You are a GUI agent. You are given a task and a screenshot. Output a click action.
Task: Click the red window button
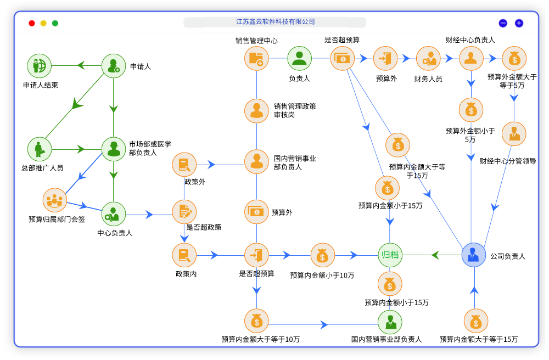pyautogui.click(x=32, y=23)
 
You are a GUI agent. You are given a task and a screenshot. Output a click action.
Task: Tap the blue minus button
pyautogui.click(x=503, y=23)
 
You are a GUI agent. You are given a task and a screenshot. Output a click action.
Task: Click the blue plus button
pyautogui.click(x=519, y=23)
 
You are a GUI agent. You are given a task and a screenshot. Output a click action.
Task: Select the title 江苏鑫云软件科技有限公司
pyautogui.click(x=275, y=22)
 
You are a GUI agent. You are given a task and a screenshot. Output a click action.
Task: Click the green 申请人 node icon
pyautogui.click(x=114, y=66)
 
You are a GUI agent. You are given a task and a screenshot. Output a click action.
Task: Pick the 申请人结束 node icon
pyautogui.click(x=40, y=66)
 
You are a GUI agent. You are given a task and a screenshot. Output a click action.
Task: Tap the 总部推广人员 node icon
pyautogui.click(x=40, y=149)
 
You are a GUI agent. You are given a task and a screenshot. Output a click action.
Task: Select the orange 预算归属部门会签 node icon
pyautogui.click(x=55, y=200)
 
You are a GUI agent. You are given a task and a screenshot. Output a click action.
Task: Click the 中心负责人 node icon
pyautogui.click(x=114, y=214)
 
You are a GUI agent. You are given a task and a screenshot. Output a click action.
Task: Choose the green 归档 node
pyautogui.click(x=390, y=255)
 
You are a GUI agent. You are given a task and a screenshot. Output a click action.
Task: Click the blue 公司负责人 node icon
pyautogui.click(x=474, y=255)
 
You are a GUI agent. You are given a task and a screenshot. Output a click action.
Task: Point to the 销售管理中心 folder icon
pyautogui.click(x=256, y=58)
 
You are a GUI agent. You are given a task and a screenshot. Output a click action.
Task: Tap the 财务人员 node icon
pyautogui.click(x=428, y=58)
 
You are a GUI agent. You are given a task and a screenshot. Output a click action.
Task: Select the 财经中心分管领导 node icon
pyautogui.click(x=514, y=134)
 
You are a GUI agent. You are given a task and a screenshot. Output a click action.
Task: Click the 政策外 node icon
pyautogui.click(x=184, y=164)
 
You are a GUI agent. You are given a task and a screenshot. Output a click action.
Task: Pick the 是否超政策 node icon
pyautogui.click(x=184, y=212)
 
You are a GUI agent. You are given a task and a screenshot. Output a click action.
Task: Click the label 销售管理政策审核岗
pyautogui.click(x=295, y=110)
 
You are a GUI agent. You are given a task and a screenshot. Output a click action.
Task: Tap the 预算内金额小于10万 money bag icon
pyautogui.click(x=322, y=255)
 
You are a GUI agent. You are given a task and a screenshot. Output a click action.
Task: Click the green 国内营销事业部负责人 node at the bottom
pyautogui.click(x=390, y=322)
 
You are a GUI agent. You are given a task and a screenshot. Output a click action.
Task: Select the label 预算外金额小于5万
pyautogui.click(x=470, y=135)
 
